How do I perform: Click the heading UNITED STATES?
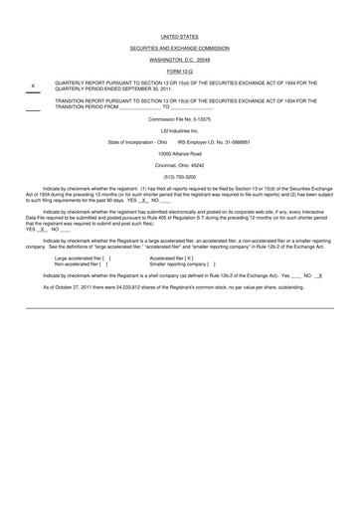[179, 35]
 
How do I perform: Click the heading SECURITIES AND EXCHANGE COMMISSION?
[179, 48]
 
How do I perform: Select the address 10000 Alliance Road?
[179, 154]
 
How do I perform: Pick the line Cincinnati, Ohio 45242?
[179, 165]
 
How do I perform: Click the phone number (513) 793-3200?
[179, 177]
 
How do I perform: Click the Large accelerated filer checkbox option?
[82, 257]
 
